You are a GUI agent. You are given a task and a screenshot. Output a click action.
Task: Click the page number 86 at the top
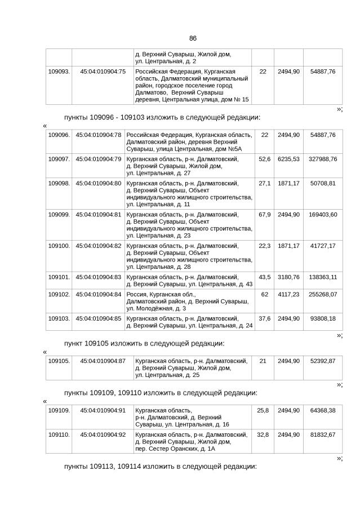click(x=193, y=38)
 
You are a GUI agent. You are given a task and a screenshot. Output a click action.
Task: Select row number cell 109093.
click(x=59, y=72)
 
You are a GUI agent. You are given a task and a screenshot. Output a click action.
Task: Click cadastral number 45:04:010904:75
click(x=103, y=72)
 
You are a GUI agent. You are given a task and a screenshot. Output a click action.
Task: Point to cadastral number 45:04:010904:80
click(x=99, y=183)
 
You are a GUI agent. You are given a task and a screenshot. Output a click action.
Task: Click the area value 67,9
click(x=264, y=215)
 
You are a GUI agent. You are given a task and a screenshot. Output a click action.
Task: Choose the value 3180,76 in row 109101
click(x=288, y=278)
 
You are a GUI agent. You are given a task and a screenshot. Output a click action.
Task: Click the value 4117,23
click(x=288, y=294)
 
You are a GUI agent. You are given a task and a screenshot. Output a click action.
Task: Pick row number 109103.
click(x=59, y=318)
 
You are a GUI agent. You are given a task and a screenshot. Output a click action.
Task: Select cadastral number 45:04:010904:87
click(x=103, y=361)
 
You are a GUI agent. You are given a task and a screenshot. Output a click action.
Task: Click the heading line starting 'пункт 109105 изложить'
click(x=144, y=343)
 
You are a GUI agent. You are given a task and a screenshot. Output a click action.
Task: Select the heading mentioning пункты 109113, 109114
click(x=161, y=467)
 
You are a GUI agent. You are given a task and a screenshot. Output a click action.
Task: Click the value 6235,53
click(x=288, y=159)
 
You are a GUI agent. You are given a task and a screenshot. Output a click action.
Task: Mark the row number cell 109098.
click(x=59, y=183)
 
